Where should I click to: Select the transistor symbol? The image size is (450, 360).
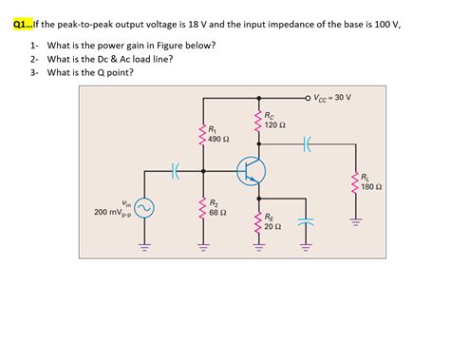[x=251, y=170]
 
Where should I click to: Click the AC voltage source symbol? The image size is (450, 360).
[x=145, y=208]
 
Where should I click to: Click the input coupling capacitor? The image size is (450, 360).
[x=175, y=171]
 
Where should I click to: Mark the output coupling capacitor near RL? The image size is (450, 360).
[x=306, y=145]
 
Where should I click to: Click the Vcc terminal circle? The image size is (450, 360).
[x=307, y=97]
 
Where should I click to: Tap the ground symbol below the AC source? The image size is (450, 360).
[x=145, y=249]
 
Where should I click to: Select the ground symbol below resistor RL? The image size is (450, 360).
[x=356, y=223]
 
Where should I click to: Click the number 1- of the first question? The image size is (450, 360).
[x=33, y=45]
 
